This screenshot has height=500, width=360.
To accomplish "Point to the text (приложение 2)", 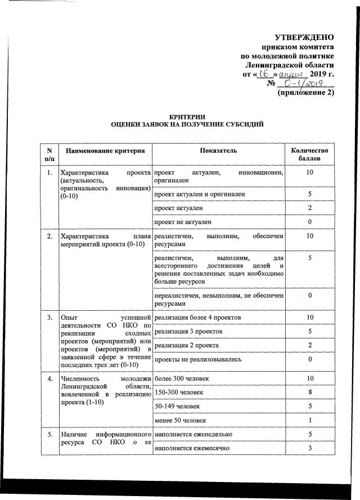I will [x=307, y=93].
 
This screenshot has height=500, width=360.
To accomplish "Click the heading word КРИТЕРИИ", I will [x=187, y=115].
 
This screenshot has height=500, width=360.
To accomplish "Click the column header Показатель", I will [x=218, y=151].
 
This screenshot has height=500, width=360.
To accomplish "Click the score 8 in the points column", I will [x=309, y=392].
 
